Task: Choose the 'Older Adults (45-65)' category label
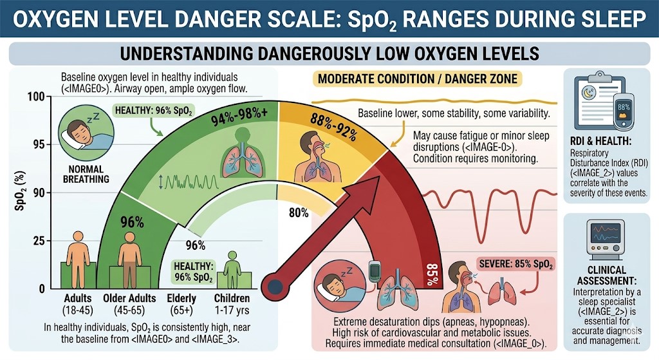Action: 129,303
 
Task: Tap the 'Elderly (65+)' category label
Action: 181,303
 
